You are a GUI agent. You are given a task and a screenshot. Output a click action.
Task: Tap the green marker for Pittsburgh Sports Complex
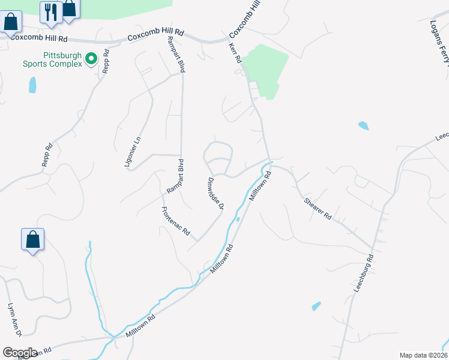point(91,59)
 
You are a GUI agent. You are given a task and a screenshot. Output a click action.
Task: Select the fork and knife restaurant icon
point(51,11)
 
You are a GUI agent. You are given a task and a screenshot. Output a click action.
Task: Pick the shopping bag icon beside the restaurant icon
point(70,9)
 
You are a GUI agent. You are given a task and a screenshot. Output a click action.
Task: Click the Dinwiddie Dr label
point(215,193)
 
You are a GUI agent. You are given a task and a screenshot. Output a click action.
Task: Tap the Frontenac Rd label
point(175,221)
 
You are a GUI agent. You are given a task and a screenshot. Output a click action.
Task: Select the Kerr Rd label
point(235,52)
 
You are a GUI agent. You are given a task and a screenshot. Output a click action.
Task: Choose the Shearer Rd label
point(318,208)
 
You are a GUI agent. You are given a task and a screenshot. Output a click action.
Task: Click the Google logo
point(19,352)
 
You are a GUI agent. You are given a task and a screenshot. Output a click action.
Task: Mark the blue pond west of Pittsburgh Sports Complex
point(32,85)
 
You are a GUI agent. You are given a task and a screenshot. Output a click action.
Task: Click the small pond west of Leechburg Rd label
point(316,306)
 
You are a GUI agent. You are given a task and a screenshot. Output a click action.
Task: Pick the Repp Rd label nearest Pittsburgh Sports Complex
point(106,60)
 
